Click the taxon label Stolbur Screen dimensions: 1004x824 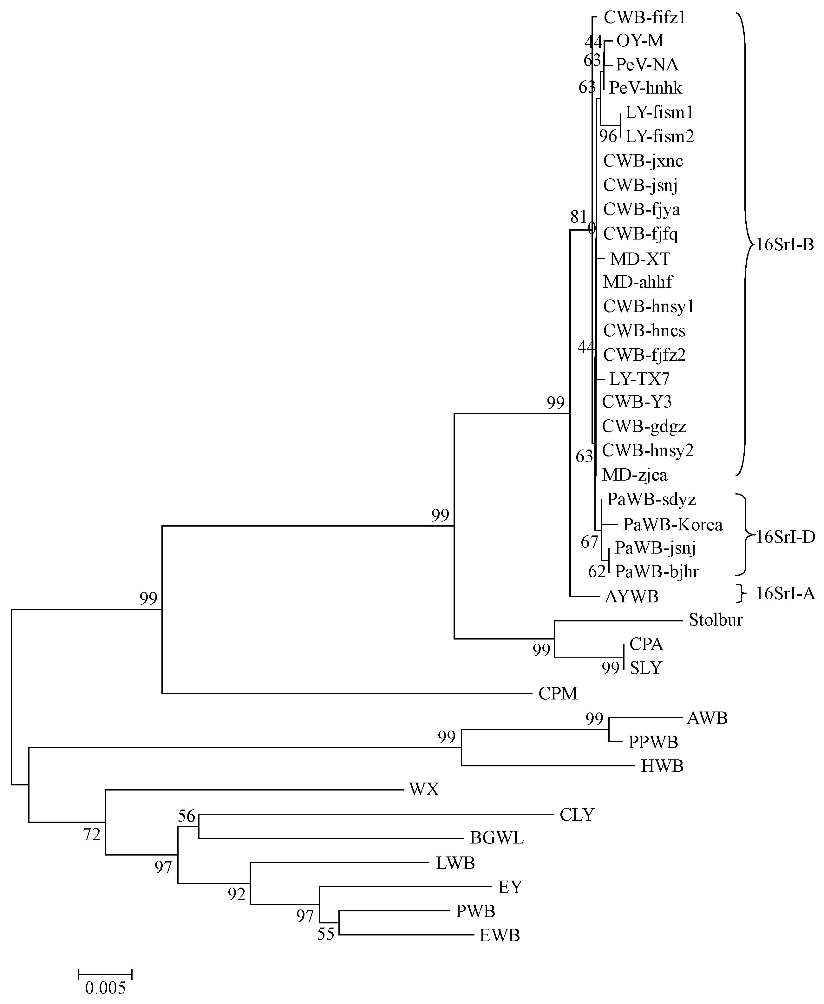(715, 620)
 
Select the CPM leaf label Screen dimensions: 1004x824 (558, 693)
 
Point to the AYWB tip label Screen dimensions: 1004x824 (631, 596)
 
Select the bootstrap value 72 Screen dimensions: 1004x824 (92, 834)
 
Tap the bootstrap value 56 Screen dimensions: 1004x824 (186, 816)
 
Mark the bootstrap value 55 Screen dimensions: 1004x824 (326, 934)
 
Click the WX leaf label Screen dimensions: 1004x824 (424, 789)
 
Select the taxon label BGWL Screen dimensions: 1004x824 (496, 838)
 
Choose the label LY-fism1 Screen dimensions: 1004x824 (659, 113)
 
